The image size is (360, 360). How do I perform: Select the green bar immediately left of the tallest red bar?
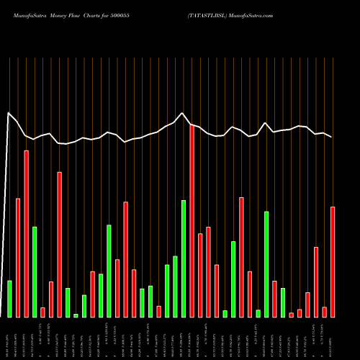click(184, 258)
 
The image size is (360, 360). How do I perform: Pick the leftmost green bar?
click(10, 299)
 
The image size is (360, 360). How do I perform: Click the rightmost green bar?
click(283, 302)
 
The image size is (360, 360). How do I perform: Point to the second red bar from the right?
click(324, 312)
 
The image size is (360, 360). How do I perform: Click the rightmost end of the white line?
click(333, 138)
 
